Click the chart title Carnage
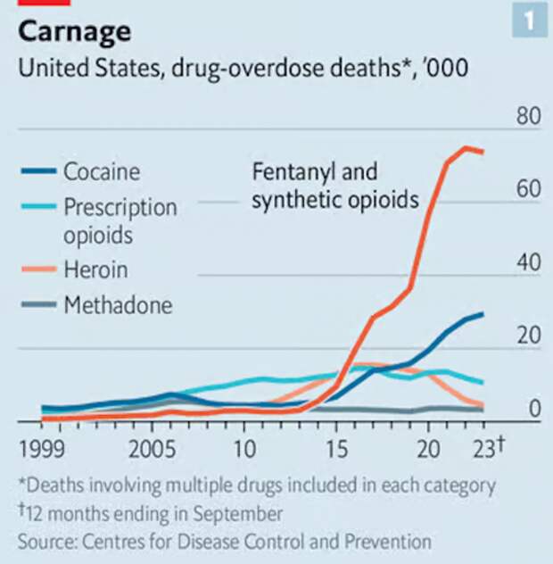75,32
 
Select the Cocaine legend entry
101,171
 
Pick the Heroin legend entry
95,270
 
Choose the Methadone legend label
118,305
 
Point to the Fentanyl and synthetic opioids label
334,186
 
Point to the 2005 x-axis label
152,446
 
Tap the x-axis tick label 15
335,446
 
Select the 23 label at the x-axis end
486,446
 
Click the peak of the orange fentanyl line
465,147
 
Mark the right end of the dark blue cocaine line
483,314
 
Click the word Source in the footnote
44,541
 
